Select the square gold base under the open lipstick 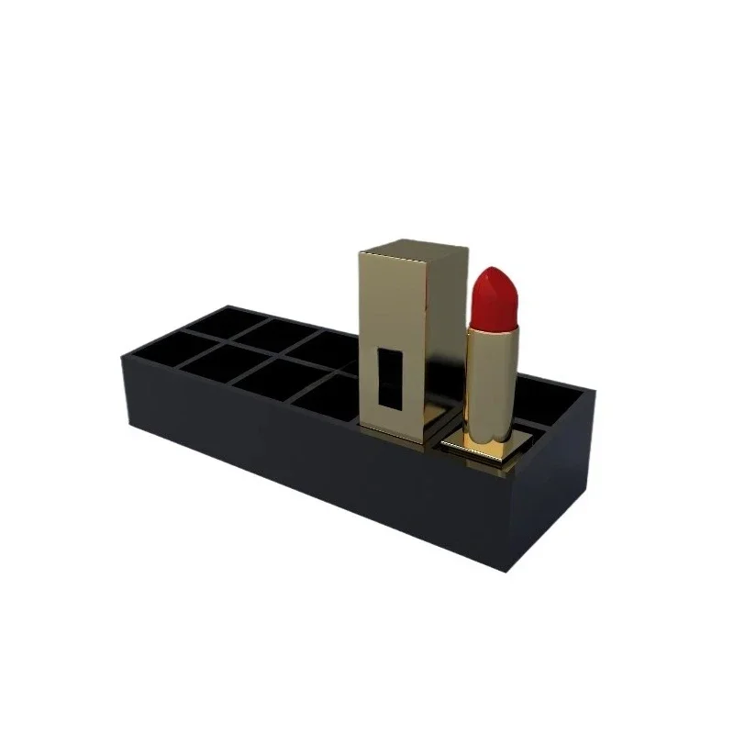coord(478,447)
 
